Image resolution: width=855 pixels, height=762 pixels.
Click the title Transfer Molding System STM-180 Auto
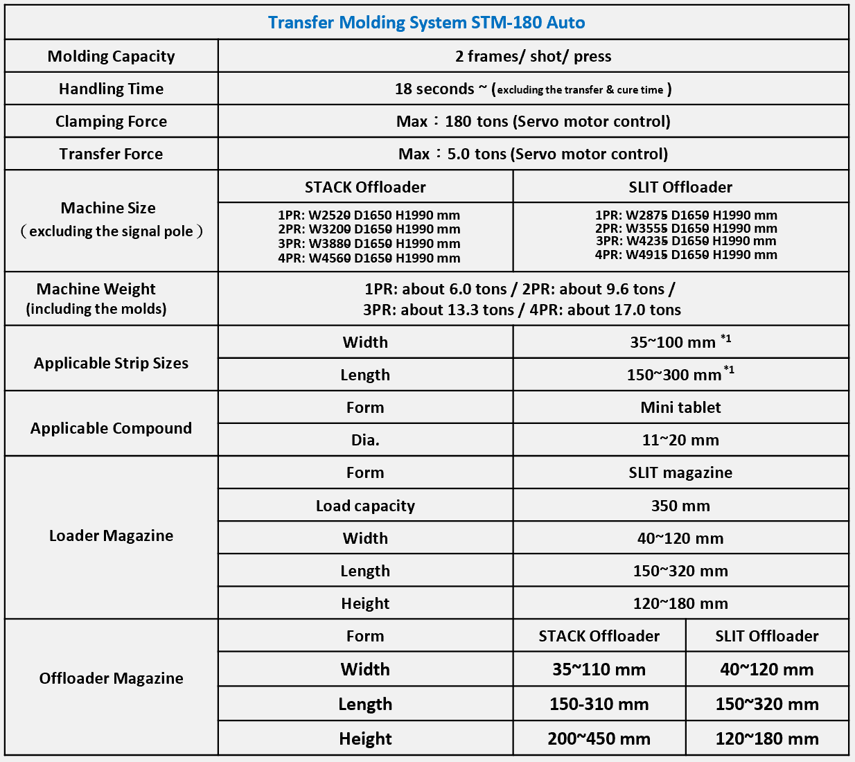[426, 23]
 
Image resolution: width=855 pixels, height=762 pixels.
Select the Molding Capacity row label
[111, 56]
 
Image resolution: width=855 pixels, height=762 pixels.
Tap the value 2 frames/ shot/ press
[533, 56]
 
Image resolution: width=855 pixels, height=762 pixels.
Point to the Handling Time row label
[111, 89]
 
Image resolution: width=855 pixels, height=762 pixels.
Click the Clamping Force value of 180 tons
[533, 121]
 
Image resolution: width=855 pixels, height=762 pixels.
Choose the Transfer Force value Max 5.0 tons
[533, 154]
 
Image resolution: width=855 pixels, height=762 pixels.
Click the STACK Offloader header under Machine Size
[365, 187]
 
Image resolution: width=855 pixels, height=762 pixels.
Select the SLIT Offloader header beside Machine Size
[680, 187]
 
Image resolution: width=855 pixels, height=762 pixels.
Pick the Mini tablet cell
[680, 407]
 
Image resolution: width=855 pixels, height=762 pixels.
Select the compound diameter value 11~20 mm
[680, 440]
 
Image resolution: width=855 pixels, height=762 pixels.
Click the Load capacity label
[365, 506]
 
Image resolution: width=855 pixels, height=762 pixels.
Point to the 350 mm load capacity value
[680, 506]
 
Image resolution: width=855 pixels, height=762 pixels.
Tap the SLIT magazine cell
[680, 472]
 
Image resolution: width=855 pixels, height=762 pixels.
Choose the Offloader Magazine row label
[111, 678]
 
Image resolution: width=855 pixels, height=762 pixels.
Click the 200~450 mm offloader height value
[599, 738]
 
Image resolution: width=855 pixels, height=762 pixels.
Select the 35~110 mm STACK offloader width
[599, 669]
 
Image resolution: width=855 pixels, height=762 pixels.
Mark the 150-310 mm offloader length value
[599, 704]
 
